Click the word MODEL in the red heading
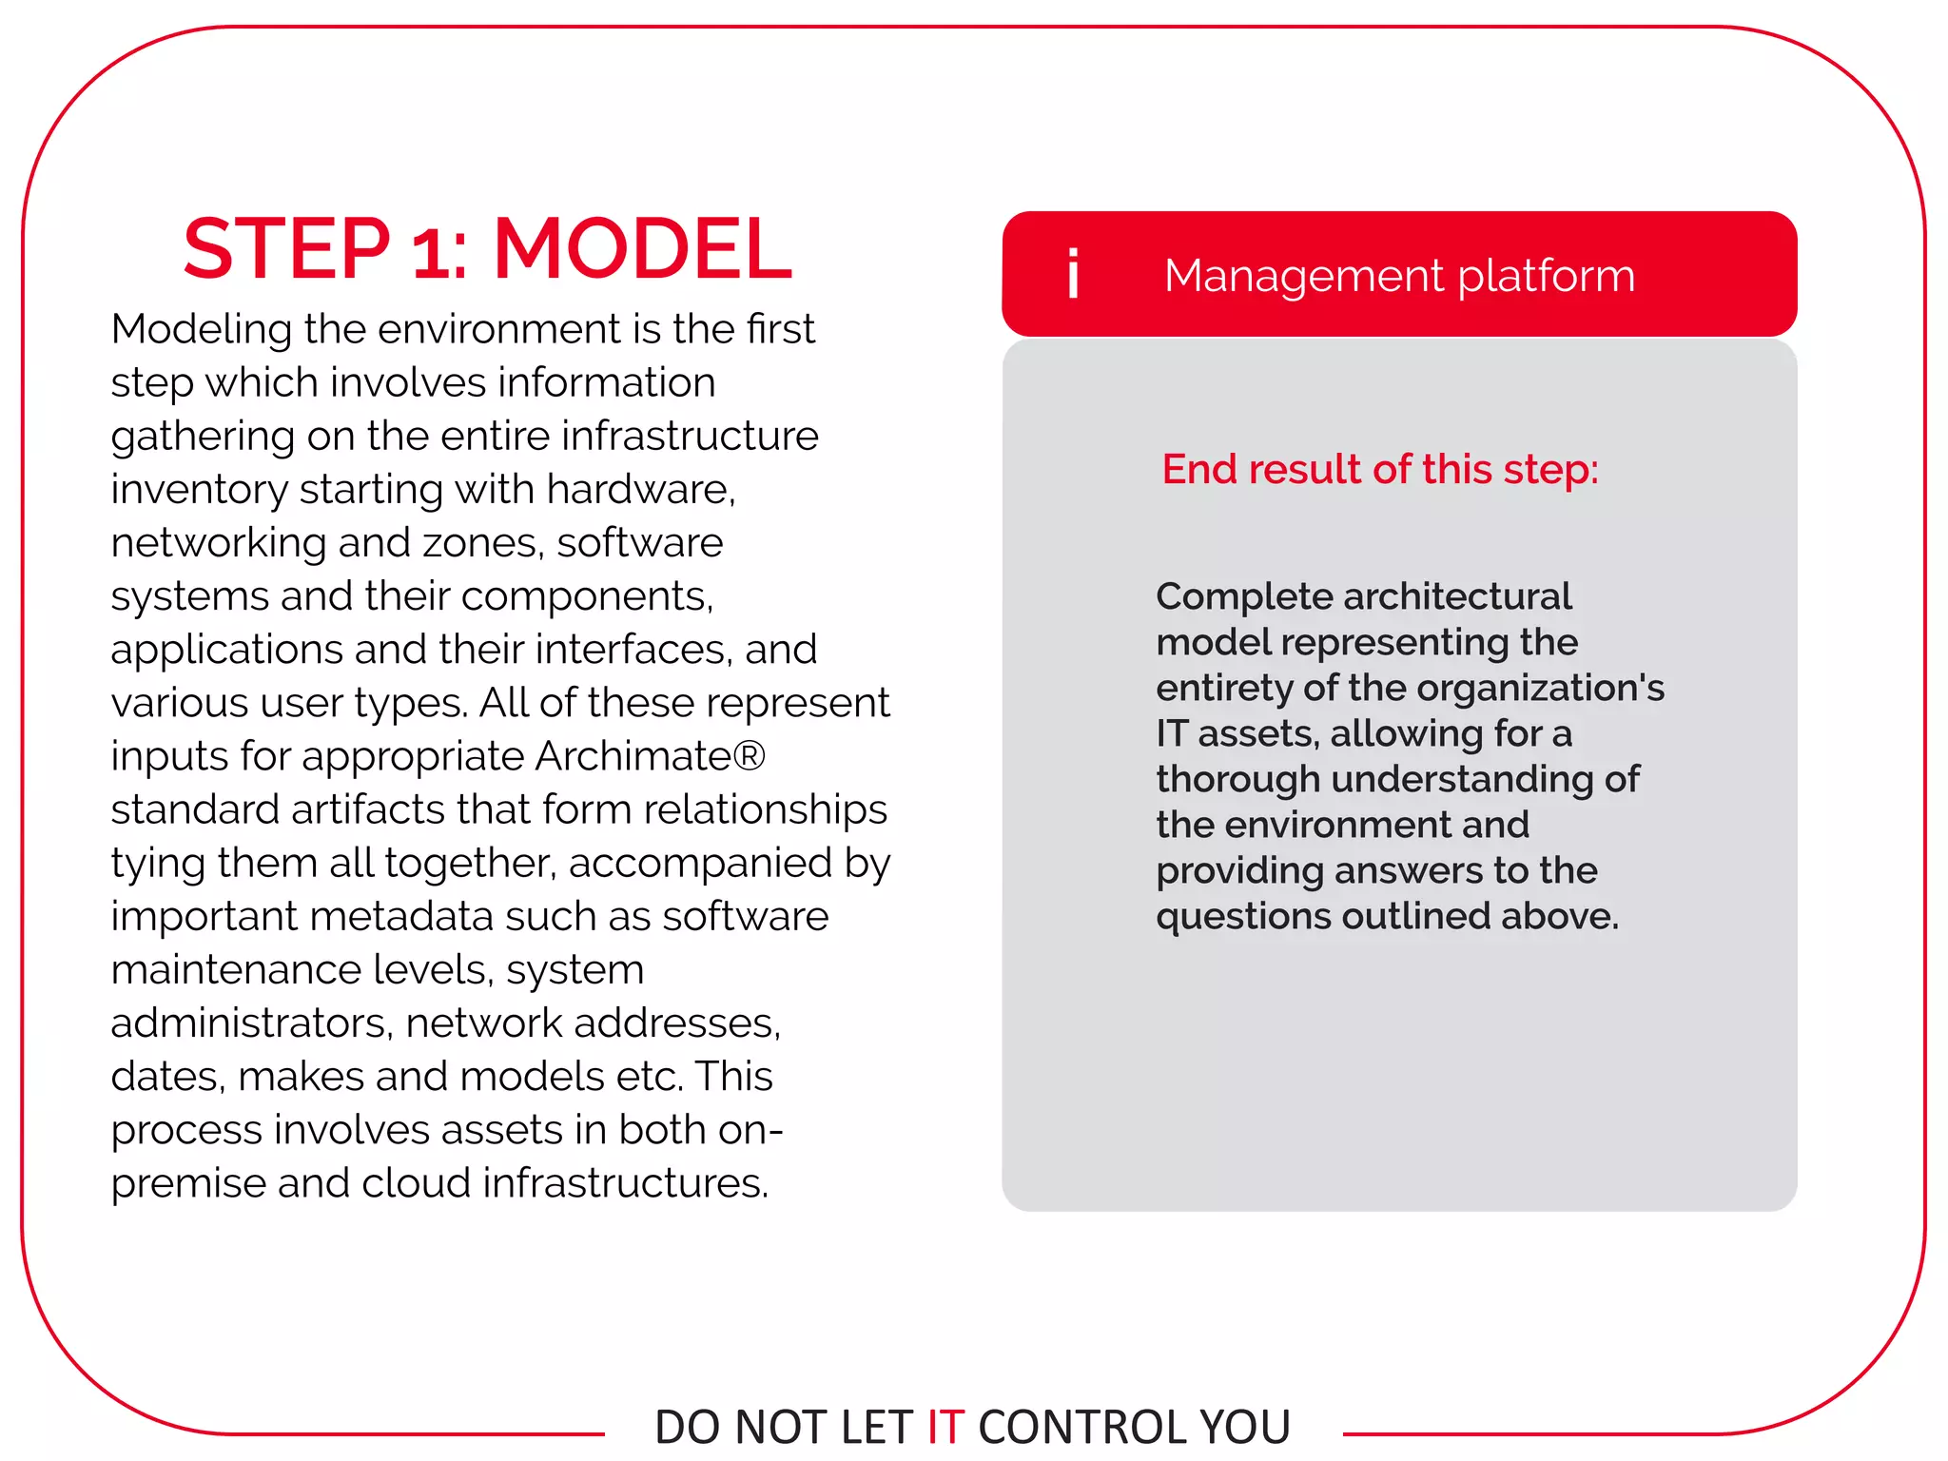click(642, 249)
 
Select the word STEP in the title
click(286, 249)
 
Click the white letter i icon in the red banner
click(1073, 274)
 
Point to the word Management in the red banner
click(1304, 276)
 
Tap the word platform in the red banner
click(1546, 276)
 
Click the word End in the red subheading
click(1200, 469)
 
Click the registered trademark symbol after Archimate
click(750, 756)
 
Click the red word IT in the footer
click(945, 1427)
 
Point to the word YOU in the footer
click(1245, 1427)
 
